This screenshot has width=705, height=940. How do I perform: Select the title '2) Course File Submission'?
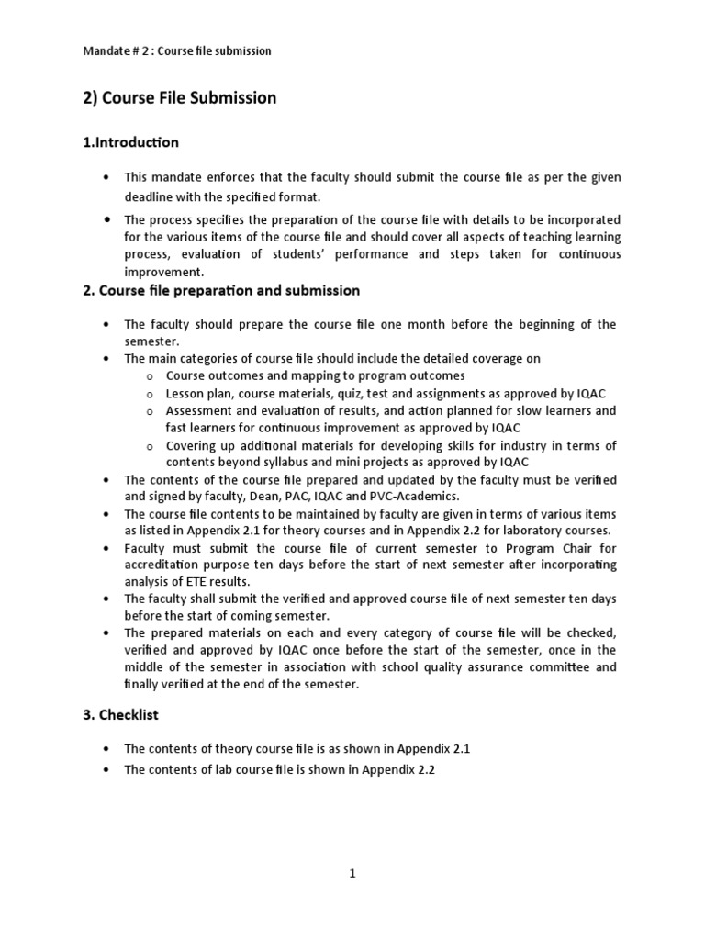pyautogui.click(x=179, y=98)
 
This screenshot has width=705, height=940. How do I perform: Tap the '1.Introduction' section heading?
pyautogui.click(x=130, y=142)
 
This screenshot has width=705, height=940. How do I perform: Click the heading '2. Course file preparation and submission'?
pyautogui.click(x=221, y=290)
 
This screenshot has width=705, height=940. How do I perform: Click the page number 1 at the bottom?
pyautogui.click(x=352, y=874)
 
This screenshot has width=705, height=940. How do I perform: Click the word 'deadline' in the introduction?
pyautogui.click(x=150, y=197)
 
